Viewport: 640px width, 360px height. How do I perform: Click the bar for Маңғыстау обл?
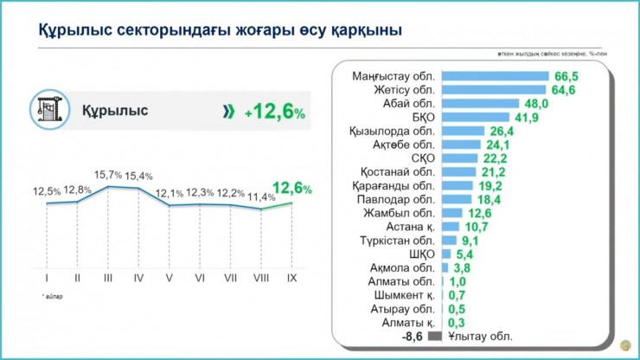point(496,76)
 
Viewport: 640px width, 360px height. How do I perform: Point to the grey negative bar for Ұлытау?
point(435,336)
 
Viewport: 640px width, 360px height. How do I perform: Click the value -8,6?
point(413,336)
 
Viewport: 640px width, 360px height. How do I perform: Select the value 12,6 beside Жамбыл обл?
point(481,213)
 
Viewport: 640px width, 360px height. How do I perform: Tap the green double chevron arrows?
point(228,111)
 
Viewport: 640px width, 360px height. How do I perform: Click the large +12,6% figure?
point(274,112)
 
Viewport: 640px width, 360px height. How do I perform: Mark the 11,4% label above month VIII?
point(261,198)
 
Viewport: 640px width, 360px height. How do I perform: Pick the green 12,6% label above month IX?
point(292,188)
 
